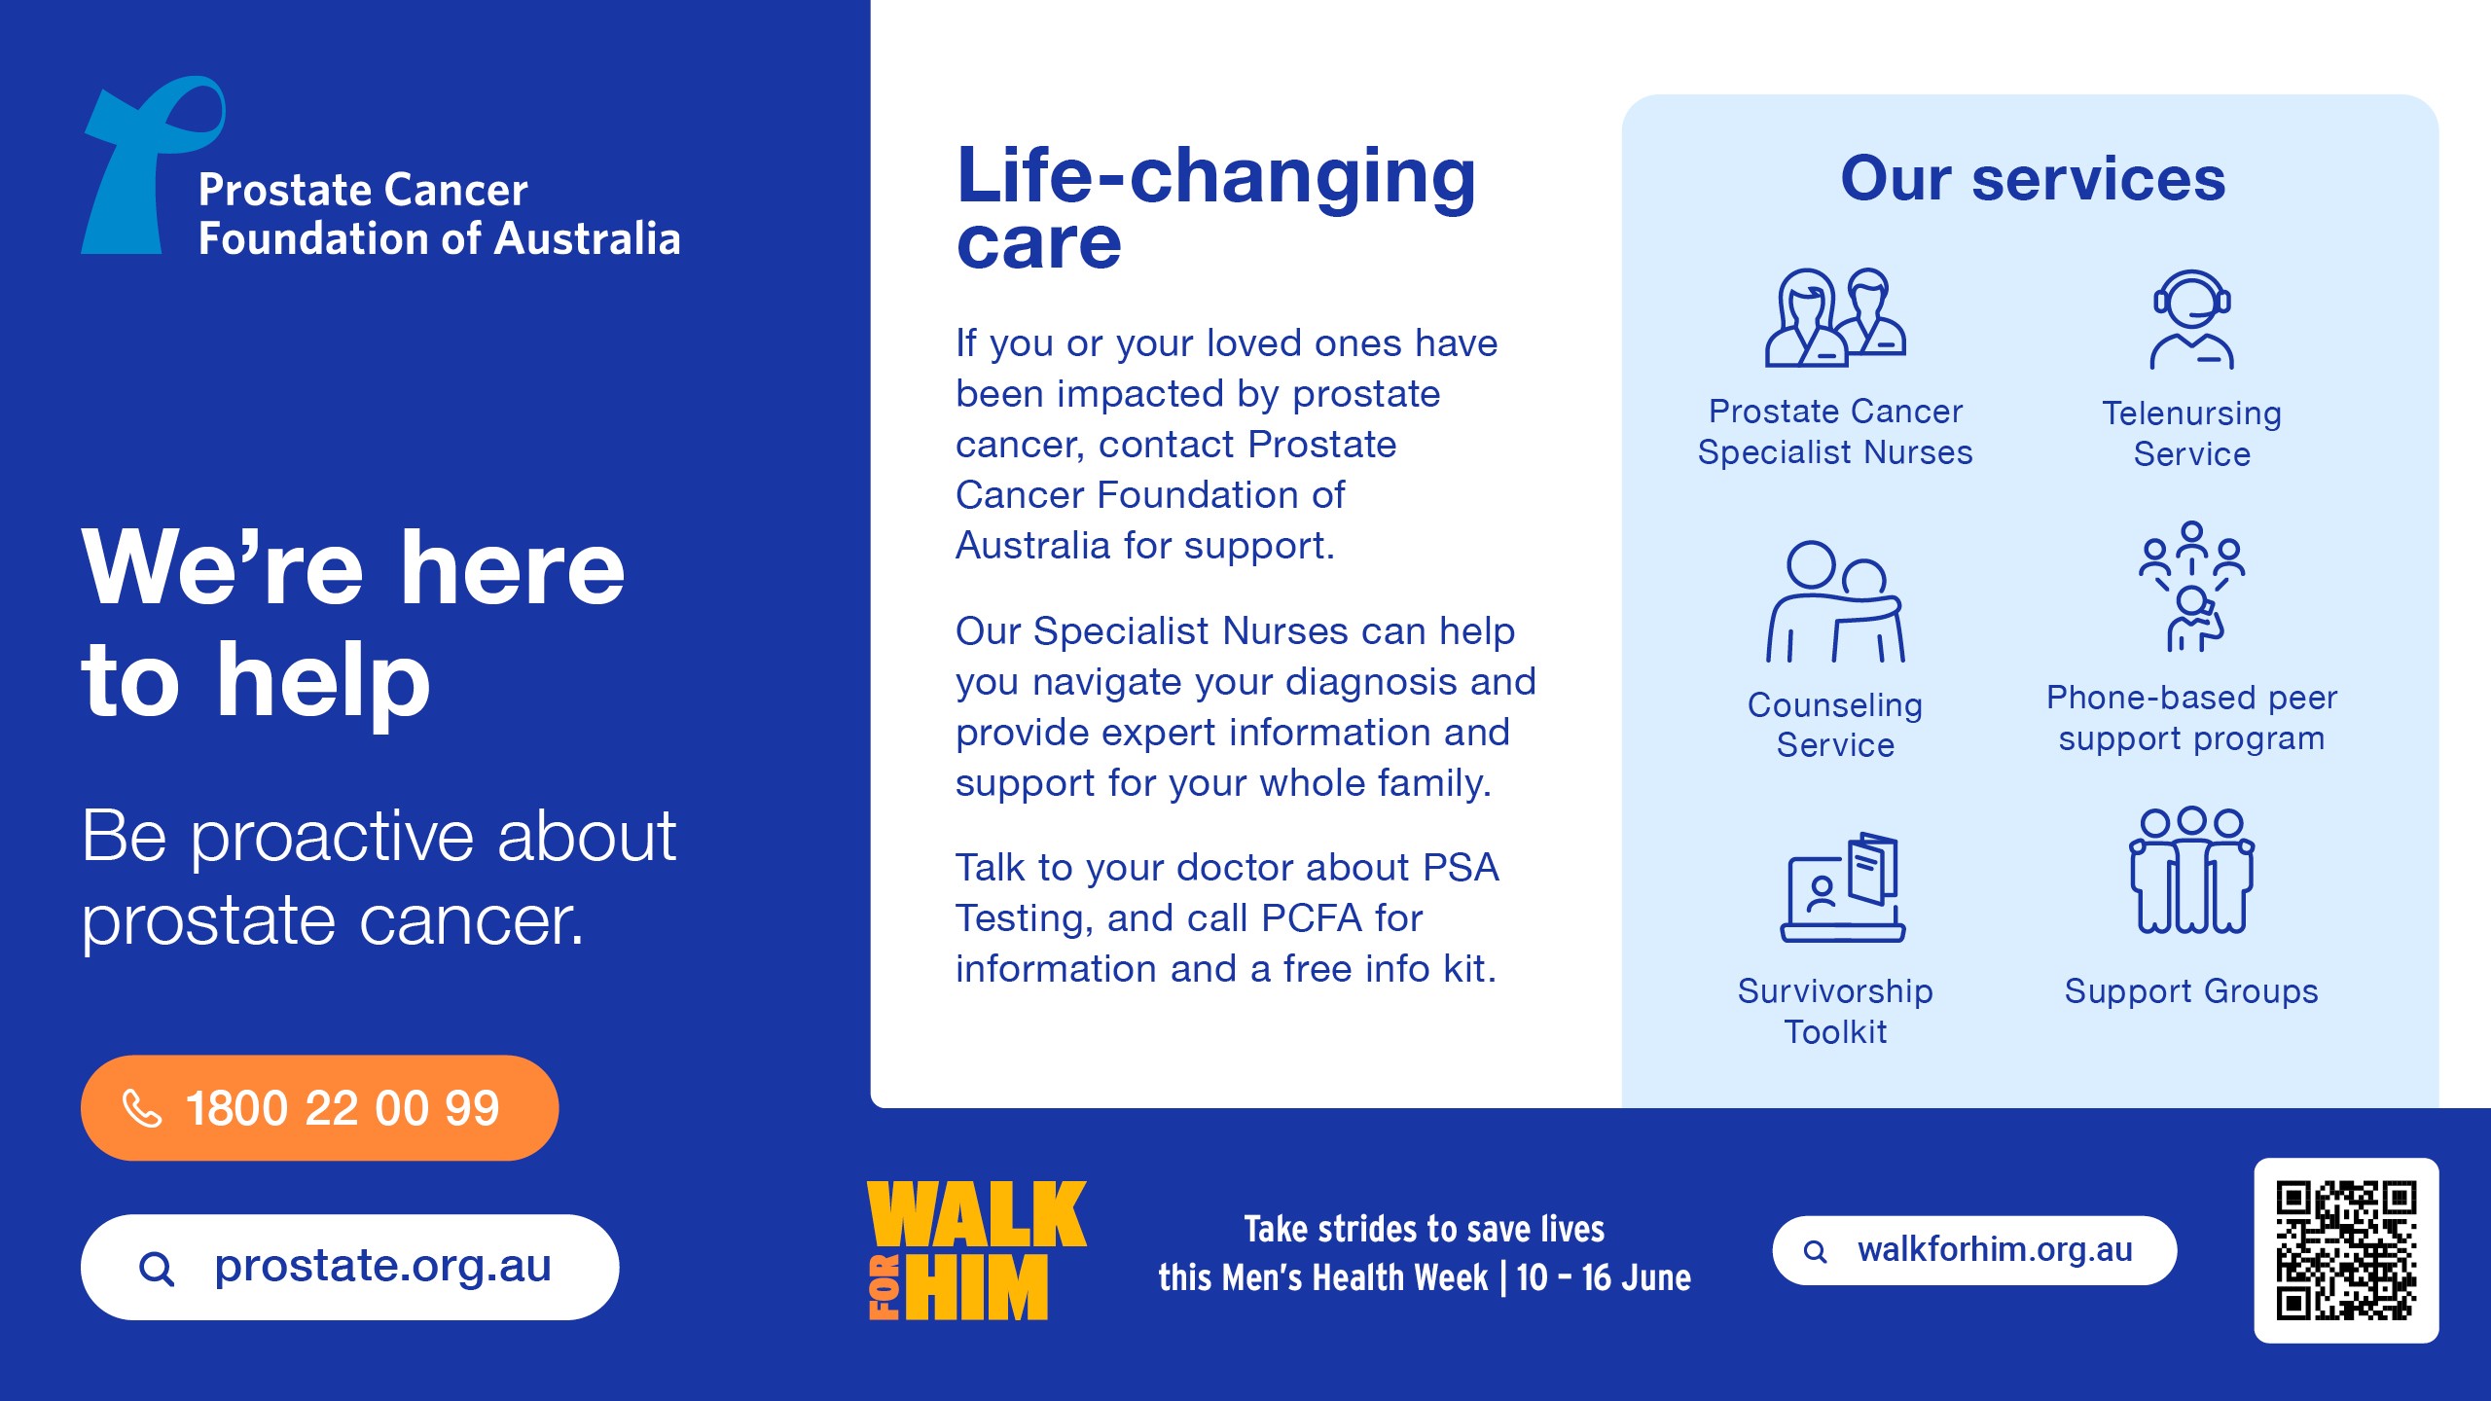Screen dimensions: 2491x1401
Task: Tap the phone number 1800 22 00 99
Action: click(343, 1108)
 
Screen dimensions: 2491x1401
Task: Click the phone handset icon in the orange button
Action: click(142, 1108)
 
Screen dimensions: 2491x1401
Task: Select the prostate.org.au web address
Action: click(382, 1266)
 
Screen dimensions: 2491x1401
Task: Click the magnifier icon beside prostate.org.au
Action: click(157, 1269)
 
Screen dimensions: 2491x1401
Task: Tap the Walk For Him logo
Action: click(977, 1250)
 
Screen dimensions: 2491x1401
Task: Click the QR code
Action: click(2346, 1250)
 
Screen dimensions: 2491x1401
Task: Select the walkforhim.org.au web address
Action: click(1995, 1249)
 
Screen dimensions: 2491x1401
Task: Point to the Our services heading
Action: click(2033, 179)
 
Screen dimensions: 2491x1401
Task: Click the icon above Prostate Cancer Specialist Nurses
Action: click(1835, 317)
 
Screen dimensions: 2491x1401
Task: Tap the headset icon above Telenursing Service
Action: click(2192, 319)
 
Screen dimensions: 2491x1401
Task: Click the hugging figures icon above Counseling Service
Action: click(1835, 601)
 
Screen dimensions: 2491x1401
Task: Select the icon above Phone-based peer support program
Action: click(2192, 586)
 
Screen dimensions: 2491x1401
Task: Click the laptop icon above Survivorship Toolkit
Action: click(1843, 886)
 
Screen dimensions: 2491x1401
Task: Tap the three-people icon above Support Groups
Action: click(2192, 870)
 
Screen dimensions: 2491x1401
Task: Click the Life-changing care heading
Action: click(1216, 206)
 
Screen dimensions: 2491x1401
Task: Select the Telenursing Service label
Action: click(2192, 434)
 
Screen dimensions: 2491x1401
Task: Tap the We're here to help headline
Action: click(353, 623)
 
